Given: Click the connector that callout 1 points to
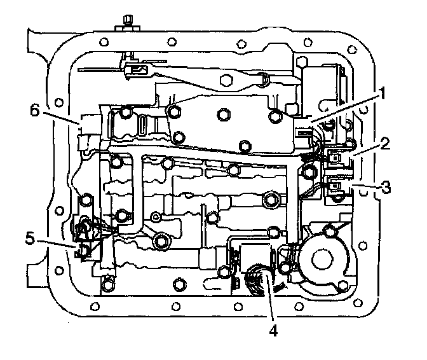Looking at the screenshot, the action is [304, 131].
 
